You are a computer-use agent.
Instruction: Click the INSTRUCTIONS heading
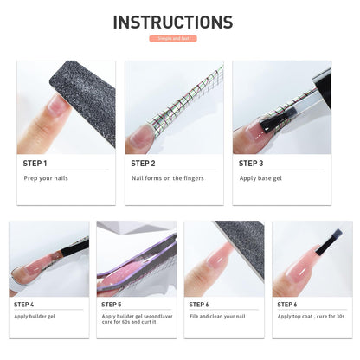173,22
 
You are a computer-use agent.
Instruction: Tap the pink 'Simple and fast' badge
173,39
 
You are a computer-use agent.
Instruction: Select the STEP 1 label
35,163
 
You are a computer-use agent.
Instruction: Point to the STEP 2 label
143,163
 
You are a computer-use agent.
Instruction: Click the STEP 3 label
251,163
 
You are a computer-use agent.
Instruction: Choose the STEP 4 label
24,305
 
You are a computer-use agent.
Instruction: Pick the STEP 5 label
112,305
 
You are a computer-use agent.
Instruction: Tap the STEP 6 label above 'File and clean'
198,305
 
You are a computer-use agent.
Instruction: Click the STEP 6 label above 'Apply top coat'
287,305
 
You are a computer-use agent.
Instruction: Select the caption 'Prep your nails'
45,178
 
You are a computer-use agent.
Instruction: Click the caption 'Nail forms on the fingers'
166,178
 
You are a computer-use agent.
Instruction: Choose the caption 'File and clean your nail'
217,317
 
